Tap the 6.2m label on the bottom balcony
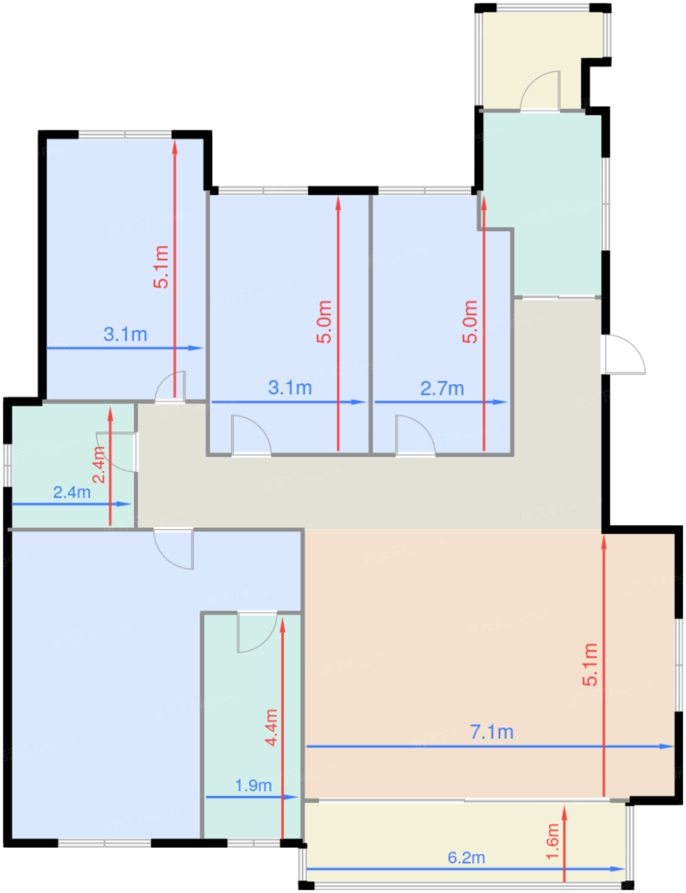point(466,858)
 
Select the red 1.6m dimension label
point(553,841)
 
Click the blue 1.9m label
point(253,786)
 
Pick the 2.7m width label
point(442,388)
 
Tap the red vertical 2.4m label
point(99,464)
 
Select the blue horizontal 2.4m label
point(72,492)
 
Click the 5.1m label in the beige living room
point(590,665)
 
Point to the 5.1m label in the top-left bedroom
point(161,267)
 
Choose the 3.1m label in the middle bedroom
point(290,388)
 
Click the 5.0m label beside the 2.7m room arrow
point(470,321)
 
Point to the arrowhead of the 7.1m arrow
point(666,746)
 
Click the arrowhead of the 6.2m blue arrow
point(617,869)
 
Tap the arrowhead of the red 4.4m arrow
point(282,624)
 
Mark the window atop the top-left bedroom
point(125,135)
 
